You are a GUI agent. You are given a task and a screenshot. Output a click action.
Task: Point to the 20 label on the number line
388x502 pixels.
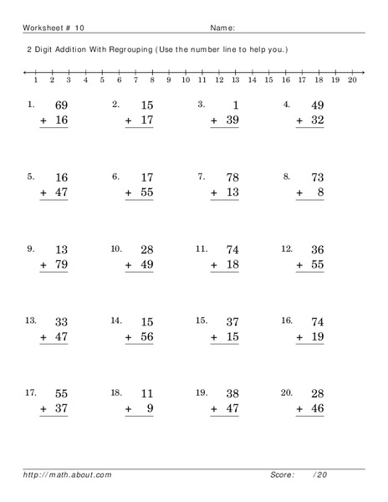(x=352, y=81)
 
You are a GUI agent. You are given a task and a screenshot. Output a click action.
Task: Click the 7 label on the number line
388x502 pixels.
(x=135, y=81)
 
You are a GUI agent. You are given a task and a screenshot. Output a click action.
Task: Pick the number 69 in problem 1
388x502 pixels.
(x=60, y=105)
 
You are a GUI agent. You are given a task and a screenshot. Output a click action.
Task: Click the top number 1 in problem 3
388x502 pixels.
(x=236, y=105)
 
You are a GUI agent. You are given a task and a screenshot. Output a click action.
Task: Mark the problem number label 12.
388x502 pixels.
(x=286, y=248)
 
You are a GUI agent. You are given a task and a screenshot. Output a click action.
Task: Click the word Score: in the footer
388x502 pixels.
(x=282, y=475)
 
